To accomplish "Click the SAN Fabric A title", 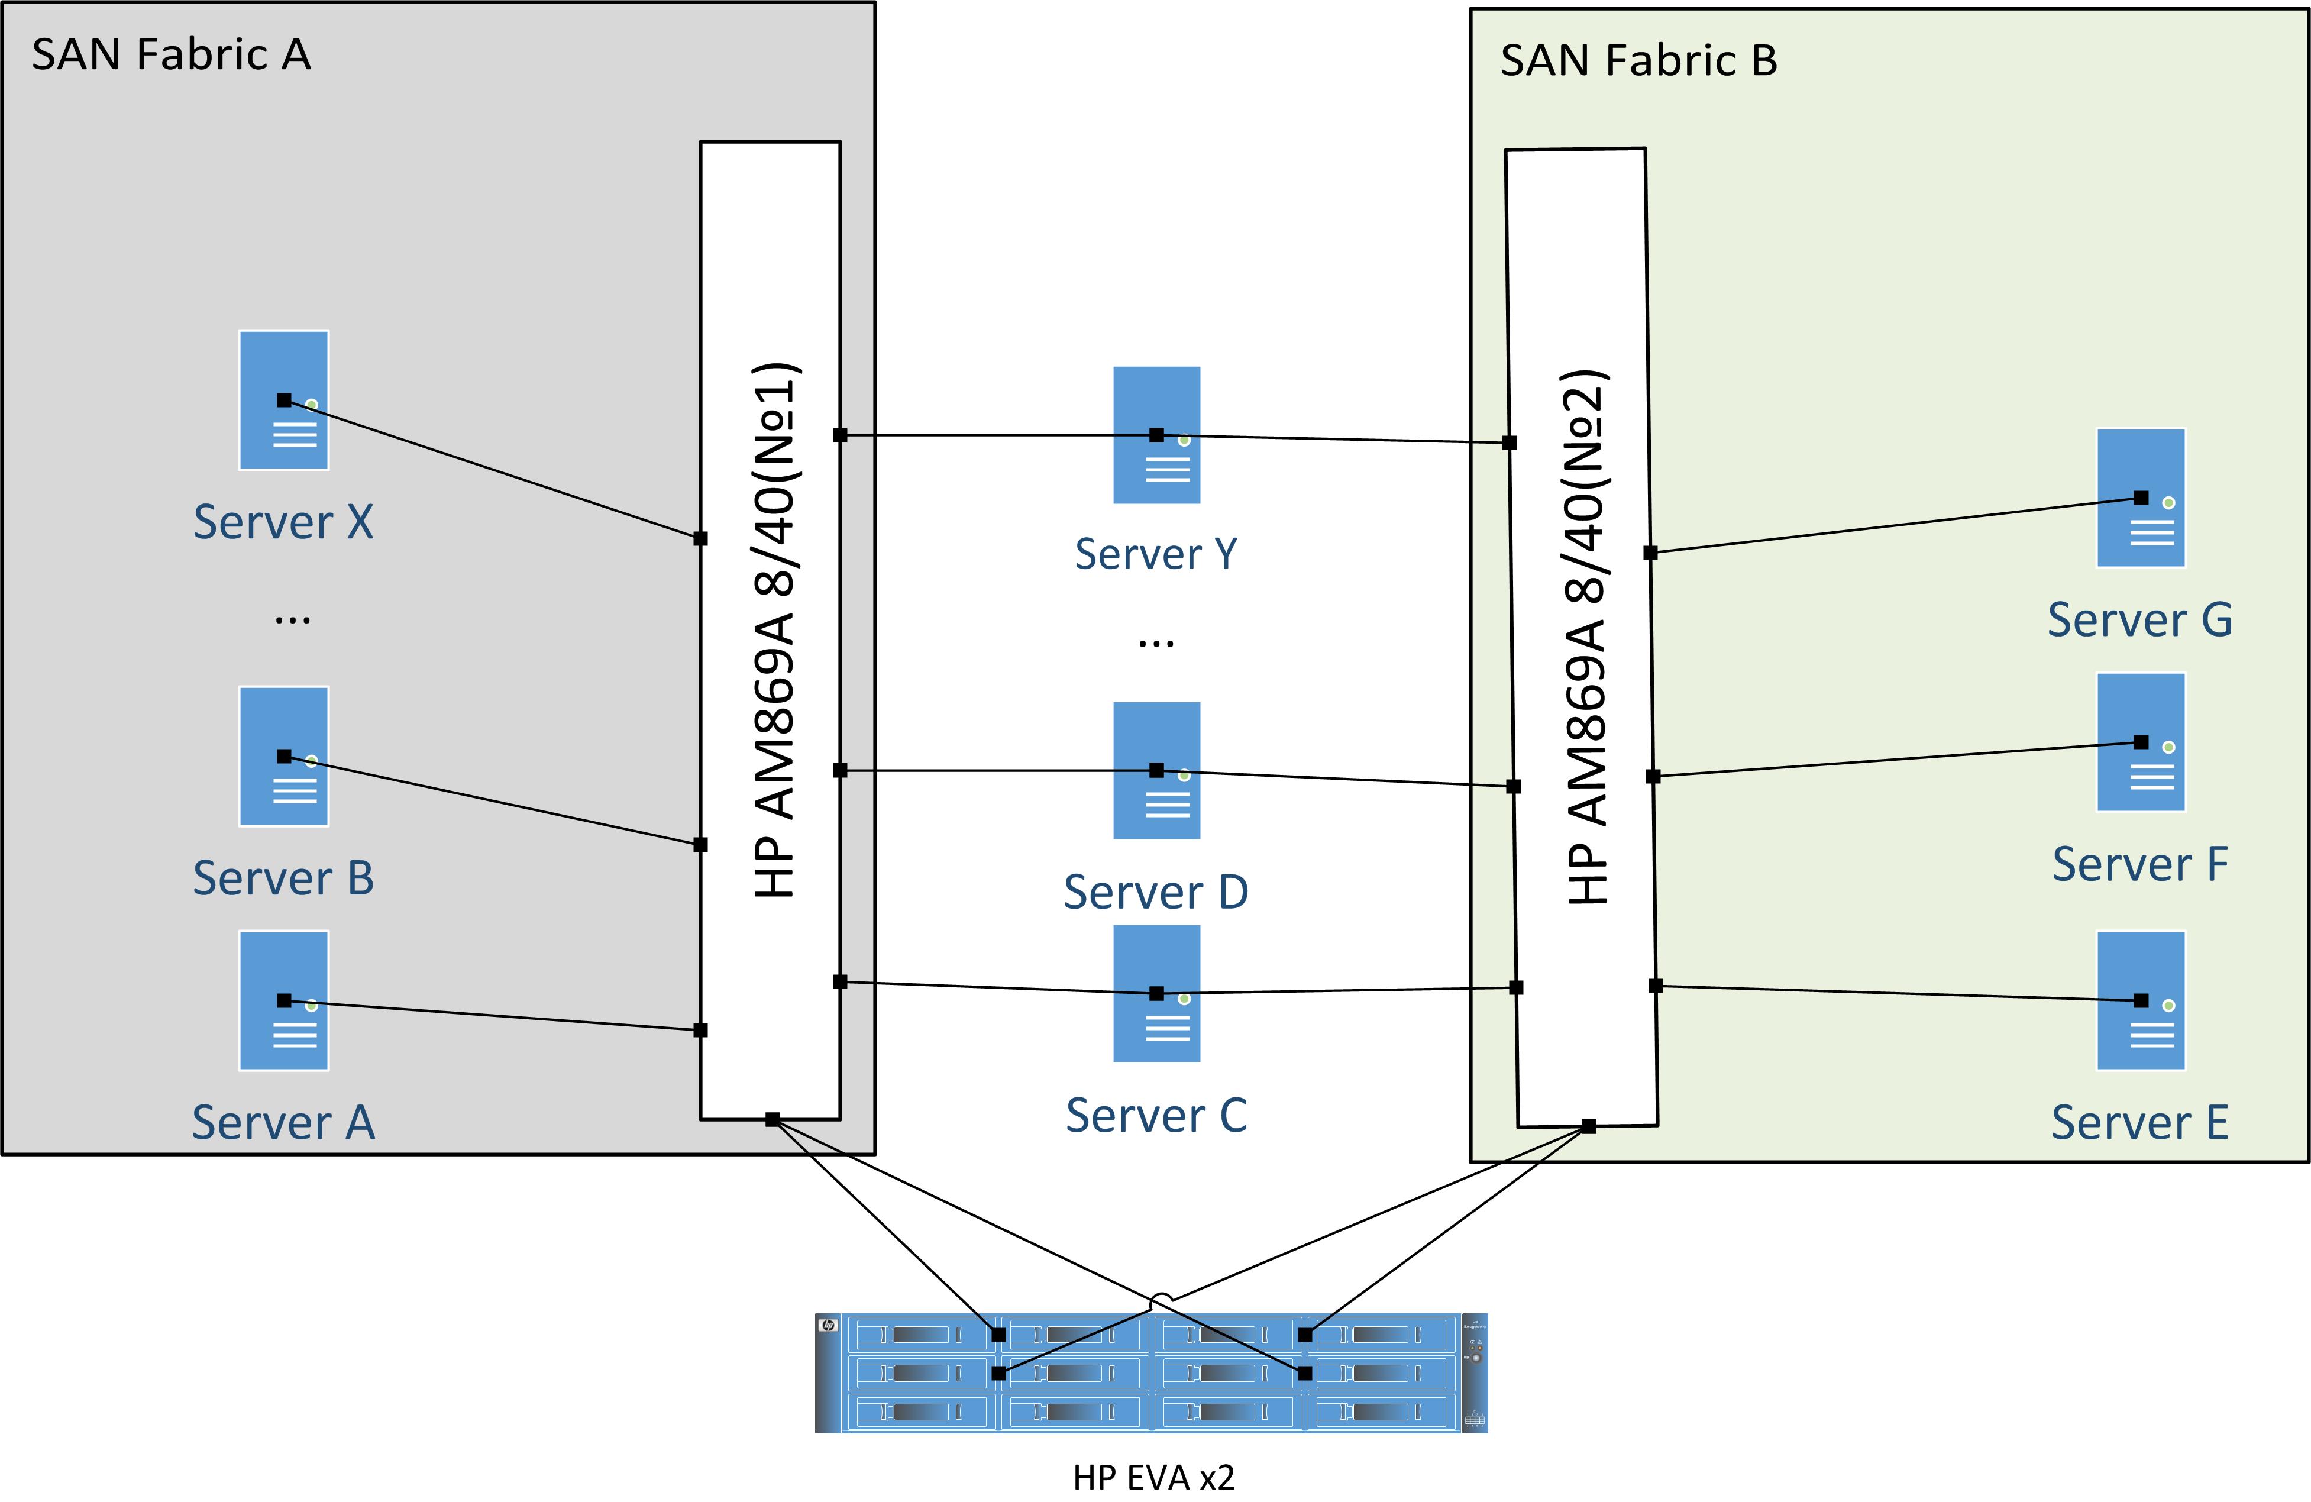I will pos(171,54).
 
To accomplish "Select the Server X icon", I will pos(283,400).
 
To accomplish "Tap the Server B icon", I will pos(283,757).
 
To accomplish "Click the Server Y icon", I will pos(1156,435).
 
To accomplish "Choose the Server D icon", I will pos(1156,771).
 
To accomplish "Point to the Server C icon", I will pos(1156,993).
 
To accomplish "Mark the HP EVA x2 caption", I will pos(1153,1477).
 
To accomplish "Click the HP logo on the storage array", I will pos(828,1325).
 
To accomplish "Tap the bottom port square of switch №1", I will pos(772,1119).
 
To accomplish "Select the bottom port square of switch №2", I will pos(1589,1126).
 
